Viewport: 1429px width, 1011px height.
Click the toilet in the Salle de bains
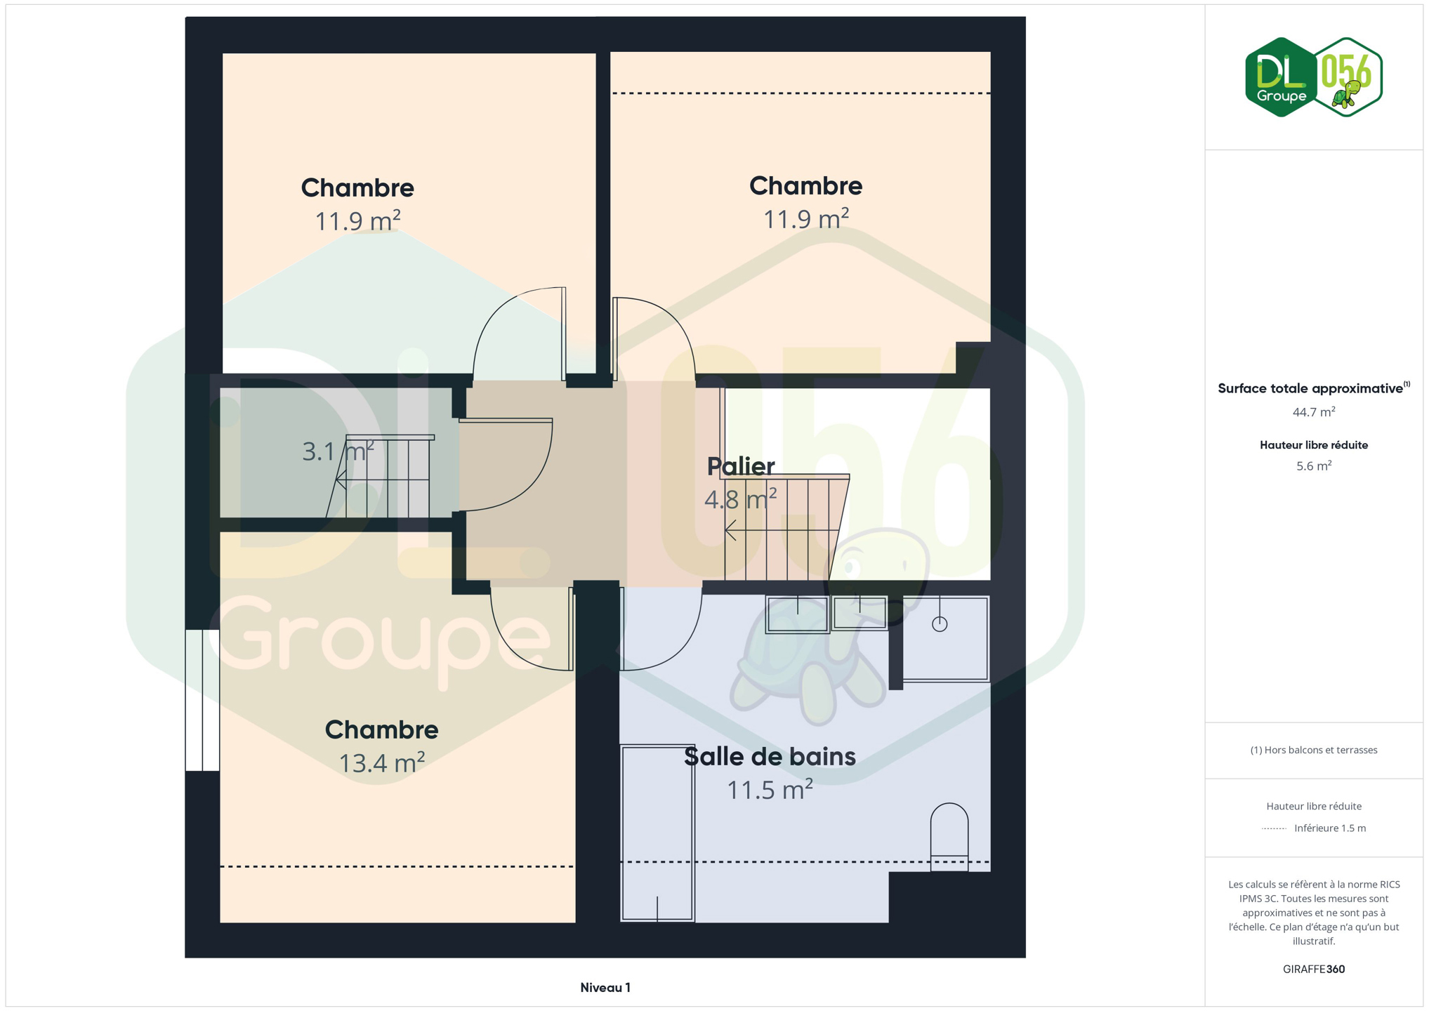coord(949,837)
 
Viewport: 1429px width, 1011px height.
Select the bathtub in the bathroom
coord(657,833)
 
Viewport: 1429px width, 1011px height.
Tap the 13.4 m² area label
coord(381,762)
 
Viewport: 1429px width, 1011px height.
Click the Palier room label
coord(740,466)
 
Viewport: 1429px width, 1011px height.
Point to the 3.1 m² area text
coord(338,451)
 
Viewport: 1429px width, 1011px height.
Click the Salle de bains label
coord(770,756)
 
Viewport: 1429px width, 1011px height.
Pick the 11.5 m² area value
coord(770,790)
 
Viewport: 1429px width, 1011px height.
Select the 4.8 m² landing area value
coord(740,499)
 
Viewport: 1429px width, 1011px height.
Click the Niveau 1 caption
coord(605,988)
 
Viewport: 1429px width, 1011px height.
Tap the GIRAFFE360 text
coord(1313,969)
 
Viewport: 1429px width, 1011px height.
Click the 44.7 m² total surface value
coord(1313,412)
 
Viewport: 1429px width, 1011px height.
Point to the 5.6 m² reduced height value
coord(1313,465)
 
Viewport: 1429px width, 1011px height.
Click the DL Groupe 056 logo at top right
coord(1313,77)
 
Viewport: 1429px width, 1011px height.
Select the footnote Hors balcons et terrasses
coord(1313,750)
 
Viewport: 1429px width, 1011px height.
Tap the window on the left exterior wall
coord(202,700)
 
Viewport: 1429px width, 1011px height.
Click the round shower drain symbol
coord(940,623)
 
